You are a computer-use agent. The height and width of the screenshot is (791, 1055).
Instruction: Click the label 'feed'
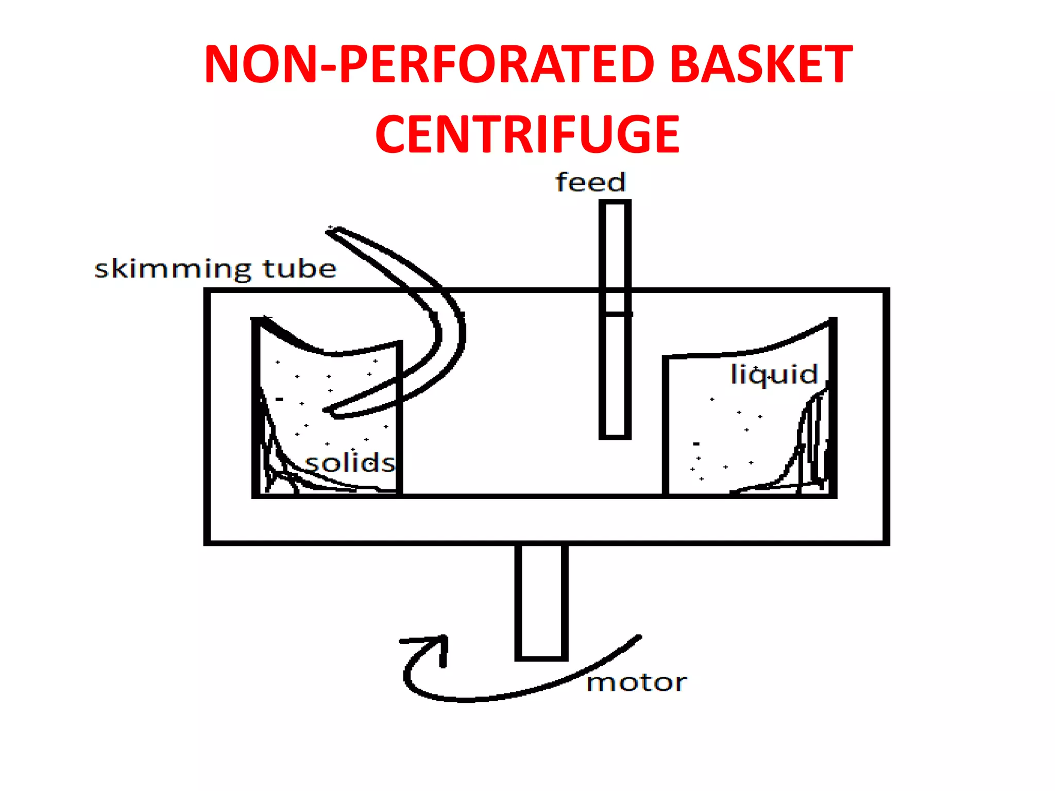pyautogui.click(x=590, y=182)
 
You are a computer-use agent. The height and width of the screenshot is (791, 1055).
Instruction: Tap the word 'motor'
pyautogui.click(x=637, y=682)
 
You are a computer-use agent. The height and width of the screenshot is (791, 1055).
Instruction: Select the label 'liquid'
pyautogui.click(x=774, y=374)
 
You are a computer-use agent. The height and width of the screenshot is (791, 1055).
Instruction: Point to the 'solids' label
pyautogui.click(x=350, y=462)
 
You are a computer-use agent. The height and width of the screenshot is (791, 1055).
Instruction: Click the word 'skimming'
pyautogui.click(x=173, y=269)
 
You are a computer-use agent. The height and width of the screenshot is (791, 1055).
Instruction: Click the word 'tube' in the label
pyautogui.click(x=299, y=268)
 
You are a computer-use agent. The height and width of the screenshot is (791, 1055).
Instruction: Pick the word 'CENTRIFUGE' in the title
pyautogui.click(x=527, y=134)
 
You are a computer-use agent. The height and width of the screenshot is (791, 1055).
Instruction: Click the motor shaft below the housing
pyautogui.click(x=541, y=601)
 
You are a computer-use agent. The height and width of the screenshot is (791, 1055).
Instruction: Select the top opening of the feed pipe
pyautogui.click(x=615, y=203)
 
